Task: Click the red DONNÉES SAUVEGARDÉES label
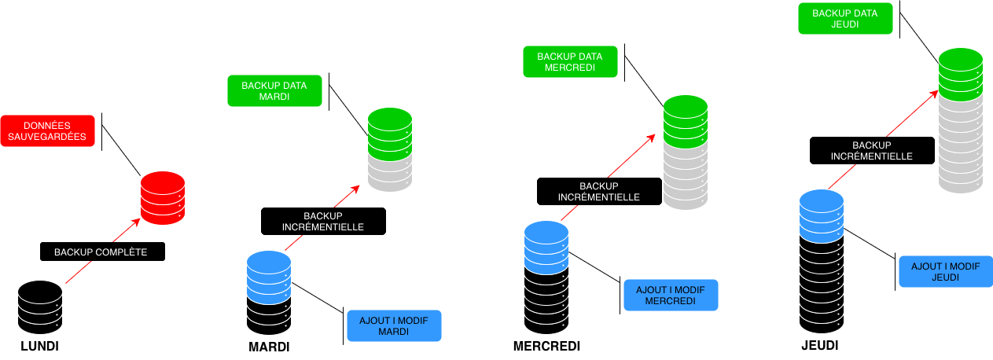(48, 131)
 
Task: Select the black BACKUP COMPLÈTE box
(103, 252)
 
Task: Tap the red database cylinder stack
(163, 198)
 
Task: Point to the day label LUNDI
(39, 346)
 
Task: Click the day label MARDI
(269, 347)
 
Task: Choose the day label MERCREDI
(546, 346)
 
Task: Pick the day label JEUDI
(820, 346)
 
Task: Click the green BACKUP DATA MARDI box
(274, 91)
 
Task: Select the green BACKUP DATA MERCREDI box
(570, 62)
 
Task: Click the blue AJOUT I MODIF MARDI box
(394, 325)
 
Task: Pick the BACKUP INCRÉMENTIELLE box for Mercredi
(600, 191)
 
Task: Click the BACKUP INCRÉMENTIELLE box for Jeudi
(872, 150)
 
